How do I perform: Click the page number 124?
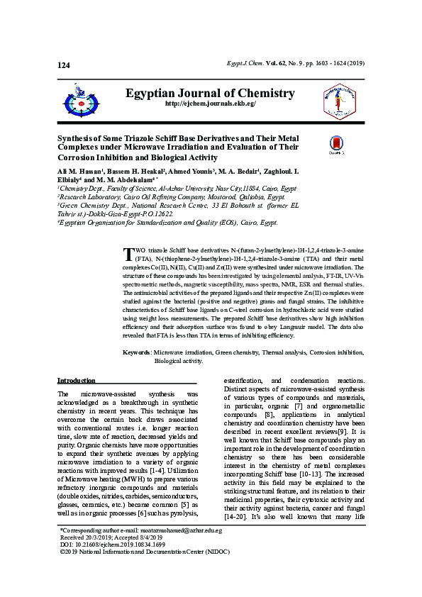pos(64,65)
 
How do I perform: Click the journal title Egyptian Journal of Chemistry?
pos(210,94)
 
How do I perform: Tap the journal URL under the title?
pos(210,104)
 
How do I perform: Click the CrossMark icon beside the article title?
pos(336,145)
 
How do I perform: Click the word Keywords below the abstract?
pos(136,352)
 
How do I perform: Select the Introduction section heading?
pos(76,381)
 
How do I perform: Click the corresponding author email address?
pos(187,550)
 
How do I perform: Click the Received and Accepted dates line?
pos(111,557)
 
